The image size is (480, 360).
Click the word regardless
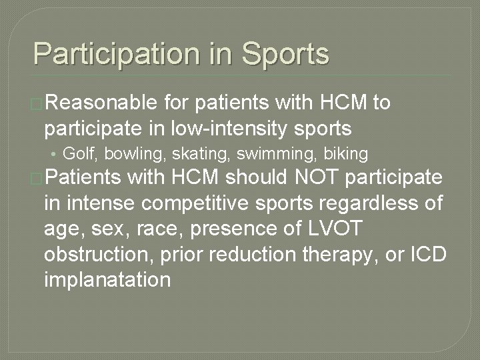(x=375, y=203)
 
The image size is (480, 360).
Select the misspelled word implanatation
(x=107, y=279)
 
